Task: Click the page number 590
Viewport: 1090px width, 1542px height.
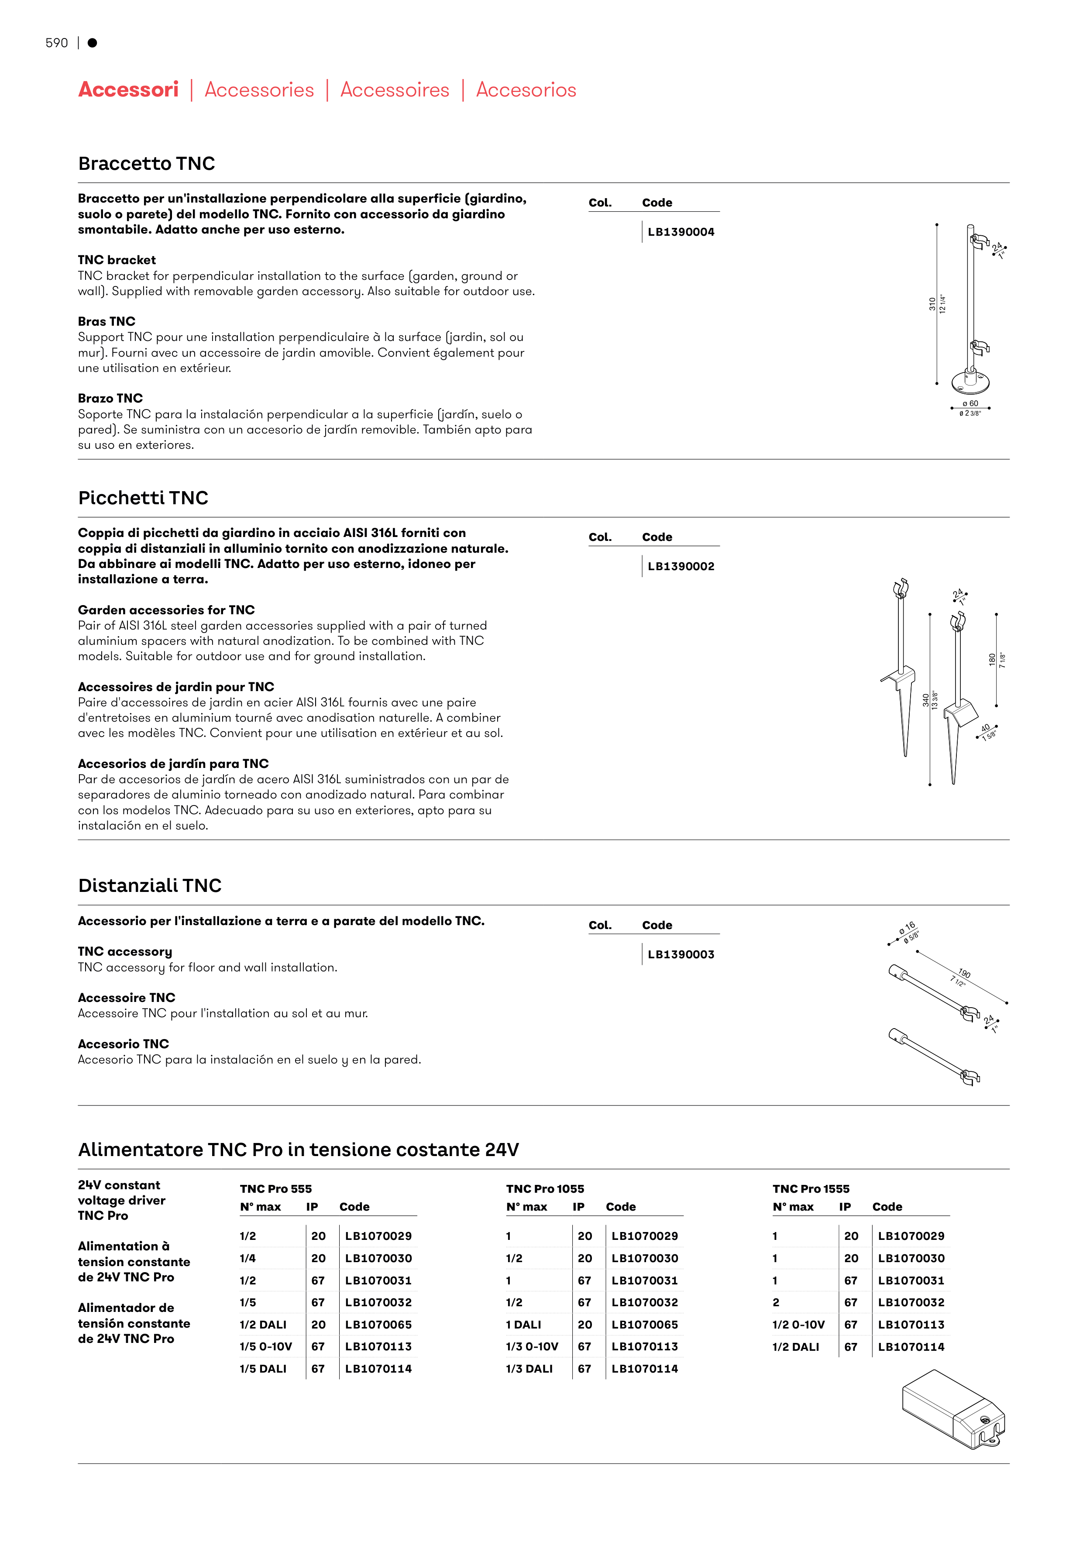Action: point(56,43)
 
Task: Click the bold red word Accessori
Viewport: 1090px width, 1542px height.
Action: point(128,89)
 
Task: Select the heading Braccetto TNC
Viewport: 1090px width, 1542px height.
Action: point(146,163)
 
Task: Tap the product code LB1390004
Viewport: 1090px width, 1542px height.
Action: point(681,232)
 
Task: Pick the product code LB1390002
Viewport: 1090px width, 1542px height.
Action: point(681,566)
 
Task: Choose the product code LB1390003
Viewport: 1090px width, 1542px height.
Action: point(681,954)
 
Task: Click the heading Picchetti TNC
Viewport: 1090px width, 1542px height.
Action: point(143,498)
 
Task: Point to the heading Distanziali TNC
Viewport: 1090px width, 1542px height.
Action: point(150,885)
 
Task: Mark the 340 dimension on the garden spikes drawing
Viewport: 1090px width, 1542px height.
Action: point(925,700)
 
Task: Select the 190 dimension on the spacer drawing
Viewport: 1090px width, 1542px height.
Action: point(964,973)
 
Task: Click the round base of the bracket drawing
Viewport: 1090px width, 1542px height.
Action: point(970,383)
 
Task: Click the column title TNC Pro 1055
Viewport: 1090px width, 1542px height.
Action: point(545,1189)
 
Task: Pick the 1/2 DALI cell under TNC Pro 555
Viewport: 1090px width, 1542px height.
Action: point(263,1325)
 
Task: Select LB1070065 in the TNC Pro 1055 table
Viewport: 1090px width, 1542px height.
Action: point(644,1325)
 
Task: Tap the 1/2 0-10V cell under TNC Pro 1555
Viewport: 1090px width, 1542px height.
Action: point(798,1325)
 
